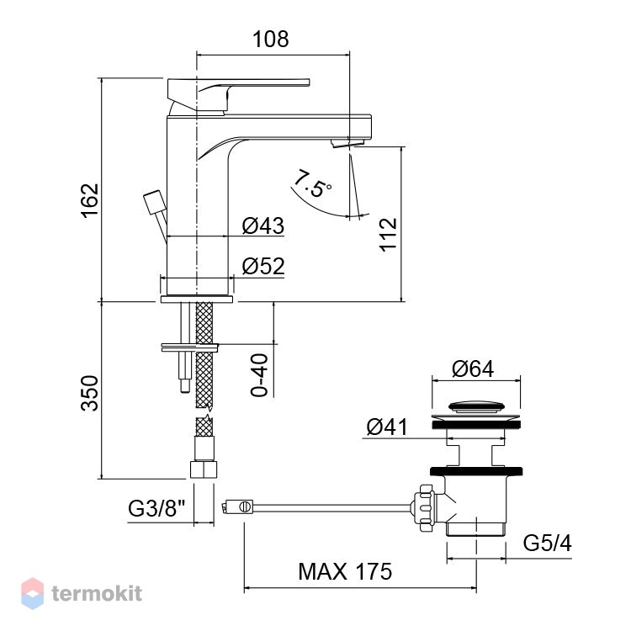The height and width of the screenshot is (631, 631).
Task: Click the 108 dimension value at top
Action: coord(270,39)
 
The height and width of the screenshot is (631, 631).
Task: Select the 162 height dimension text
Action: coord(90,201)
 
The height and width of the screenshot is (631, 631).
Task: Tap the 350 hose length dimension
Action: coord(90,393)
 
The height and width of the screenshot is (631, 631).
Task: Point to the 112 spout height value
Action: coord(389,236)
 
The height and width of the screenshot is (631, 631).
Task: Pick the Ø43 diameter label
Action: coord(263,225)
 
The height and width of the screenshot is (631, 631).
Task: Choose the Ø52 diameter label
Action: coord(263,266)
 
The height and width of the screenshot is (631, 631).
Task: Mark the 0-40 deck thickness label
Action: coord(259,375)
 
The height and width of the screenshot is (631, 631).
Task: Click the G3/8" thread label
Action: coord(156,508)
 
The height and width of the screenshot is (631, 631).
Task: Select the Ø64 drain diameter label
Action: coord(473,369)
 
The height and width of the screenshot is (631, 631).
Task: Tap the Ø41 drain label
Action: coord(387,427)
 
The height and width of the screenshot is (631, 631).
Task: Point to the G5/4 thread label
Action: coord(548,544)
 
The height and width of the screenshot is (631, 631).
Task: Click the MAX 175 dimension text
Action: coord(345,571)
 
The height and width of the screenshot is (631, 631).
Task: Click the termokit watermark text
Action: coord(97,593)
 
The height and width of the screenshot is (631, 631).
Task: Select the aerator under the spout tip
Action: coord(347,143)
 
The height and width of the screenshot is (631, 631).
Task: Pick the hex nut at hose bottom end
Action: coord(204,469)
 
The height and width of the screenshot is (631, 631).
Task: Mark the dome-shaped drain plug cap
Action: coord(476,406)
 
